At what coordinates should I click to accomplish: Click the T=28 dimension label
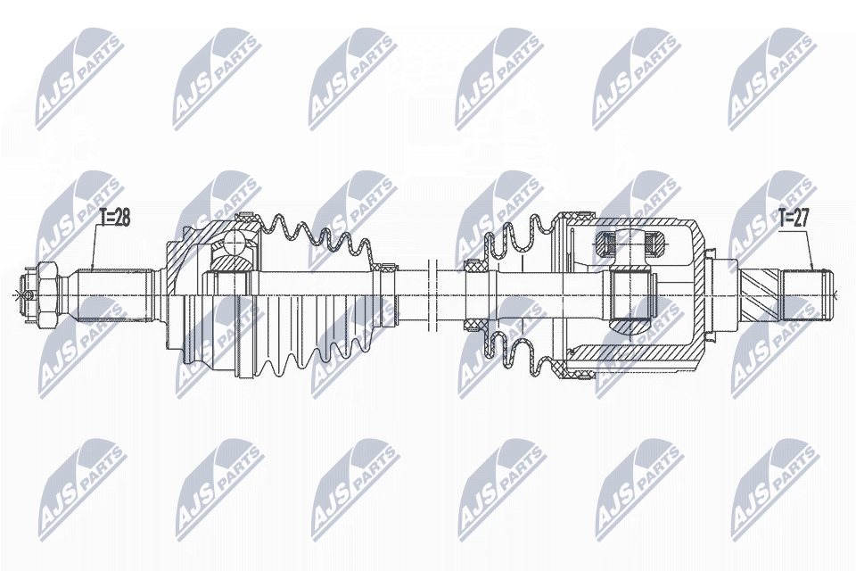pyautogui.click(x=114, y=217)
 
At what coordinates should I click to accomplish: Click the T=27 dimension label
pyautogui.click(x=795, y=217)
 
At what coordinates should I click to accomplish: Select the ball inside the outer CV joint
pyautogui.click(x=236, y=243)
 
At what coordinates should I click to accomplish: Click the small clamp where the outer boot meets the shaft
pyautogui.click(x=388, y=266)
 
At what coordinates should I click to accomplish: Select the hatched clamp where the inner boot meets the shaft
pyautogui.click(x=473, y=266)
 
